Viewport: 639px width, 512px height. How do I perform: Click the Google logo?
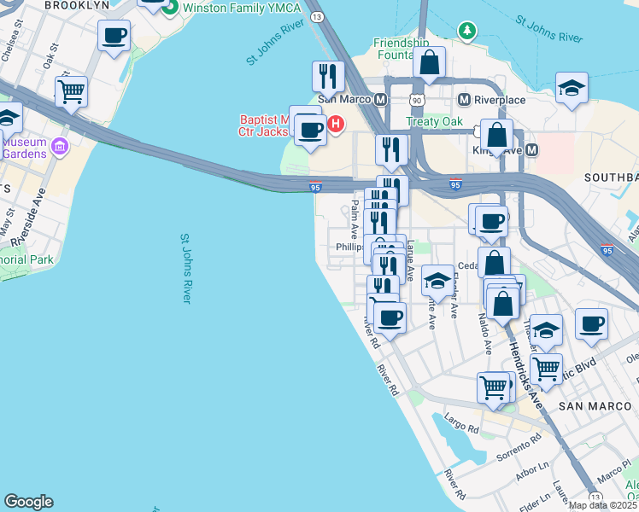coord(28,502)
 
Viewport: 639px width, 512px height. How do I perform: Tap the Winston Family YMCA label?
coord(242,7)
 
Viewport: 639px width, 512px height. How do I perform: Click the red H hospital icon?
coord(336,125)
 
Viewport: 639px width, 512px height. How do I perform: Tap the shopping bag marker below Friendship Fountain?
coord(429,62)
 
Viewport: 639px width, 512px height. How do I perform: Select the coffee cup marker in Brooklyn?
coord(114,36)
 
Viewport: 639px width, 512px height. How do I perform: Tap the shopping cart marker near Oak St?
coord(72,90)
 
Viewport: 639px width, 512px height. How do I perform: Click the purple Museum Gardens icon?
coord(60,147)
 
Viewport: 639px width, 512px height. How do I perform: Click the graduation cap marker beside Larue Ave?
coord(437,280)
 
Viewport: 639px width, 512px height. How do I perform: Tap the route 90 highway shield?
coord(416,100)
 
